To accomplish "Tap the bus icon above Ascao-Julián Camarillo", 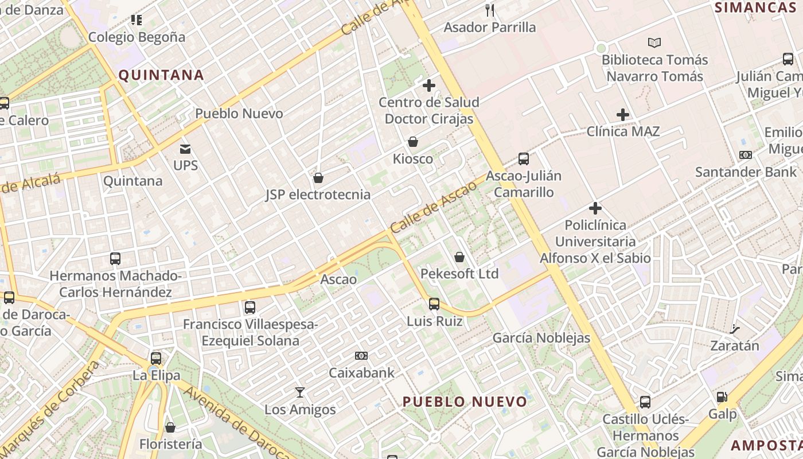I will click(x=523, y=159).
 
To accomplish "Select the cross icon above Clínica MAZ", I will click(x=623, y=115).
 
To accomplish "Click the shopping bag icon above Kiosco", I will click(x=413, y=142).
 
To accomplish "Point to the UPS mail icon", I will click(x=185, y=149).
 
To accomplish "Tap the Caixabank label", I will click(x=361, y=373).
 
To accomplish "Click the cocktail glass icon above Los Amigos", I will click(x=299, y=392).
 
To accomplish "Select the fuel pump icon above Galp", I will click(x=722, y=397).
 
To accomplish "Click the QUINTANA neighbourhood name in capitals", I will click(x=161, y=75).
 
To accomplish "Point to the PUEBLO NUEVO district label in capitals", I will click(x=465, y=402).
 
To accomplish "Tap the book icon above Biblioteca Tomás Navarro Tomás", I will click(x=654, y=42).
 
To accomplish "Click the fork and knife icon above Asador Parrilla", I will click(x=490, y=10).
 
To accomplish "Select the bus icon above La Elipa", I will click(x=156, y=359).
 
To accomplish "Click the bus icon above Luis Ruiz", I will click(x=434, y=304).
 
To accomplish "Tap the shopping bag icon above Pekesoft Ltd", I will click(x=459, y=257).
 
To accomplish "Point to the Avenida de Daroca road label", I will click(x=238, y=422).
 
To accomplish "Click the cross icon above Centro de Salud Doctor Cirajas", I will click(x=429, y=86).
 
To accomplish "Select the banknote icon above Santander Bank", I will click(x=746, y=155).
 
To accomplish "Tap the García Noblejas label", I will click(x=541, y=338).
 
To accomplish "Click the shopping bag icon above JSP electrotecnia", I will click(x=318, y=178).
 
